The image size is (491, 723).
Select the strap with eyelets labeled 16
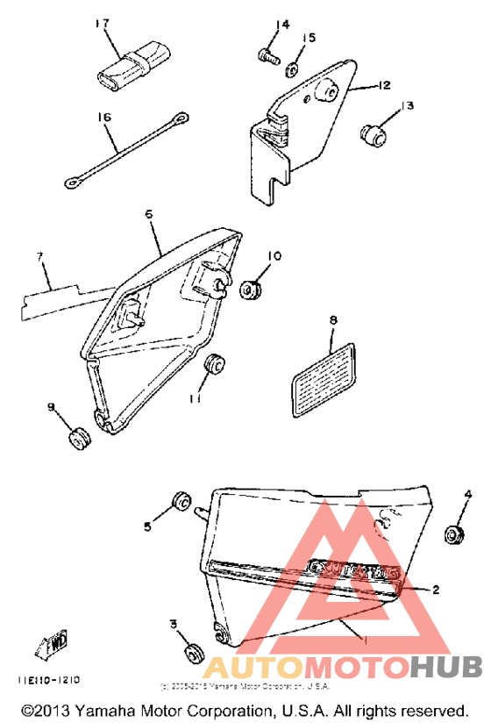(125, 149)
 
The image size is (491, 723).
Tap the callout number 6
(149, 213)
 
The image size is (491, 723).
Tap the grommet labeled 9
(82, 436)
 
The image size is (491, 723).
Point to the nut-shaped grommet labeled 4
(454, 533)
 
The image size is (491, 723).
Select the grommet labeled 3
(190, 653)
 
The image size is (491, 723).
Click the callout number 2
(436, 590)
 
